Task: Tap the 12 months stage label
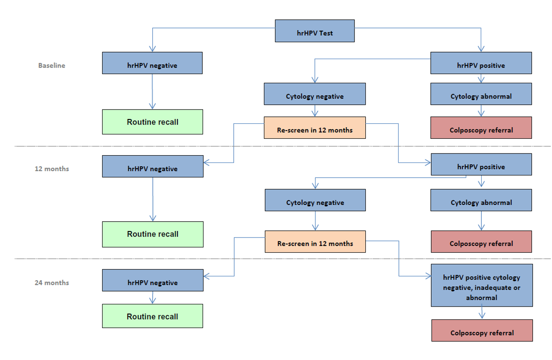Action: coord(52,169)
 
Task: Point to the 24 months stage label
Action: coord(52,283)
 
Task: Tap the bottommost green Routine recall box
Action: coord(152,316)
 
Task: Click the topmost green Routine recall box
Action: coord(152,122)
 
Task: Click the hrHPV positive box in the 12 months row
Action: coord(481,166)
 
